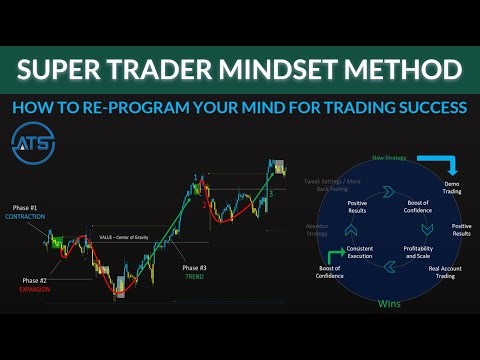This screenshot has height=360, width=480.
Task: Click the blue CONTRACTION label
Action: pyautogui.click(x=24, y=218)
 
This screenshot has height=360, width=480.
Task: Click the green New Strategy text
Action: pyautogui.click(x=388, y=157)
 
